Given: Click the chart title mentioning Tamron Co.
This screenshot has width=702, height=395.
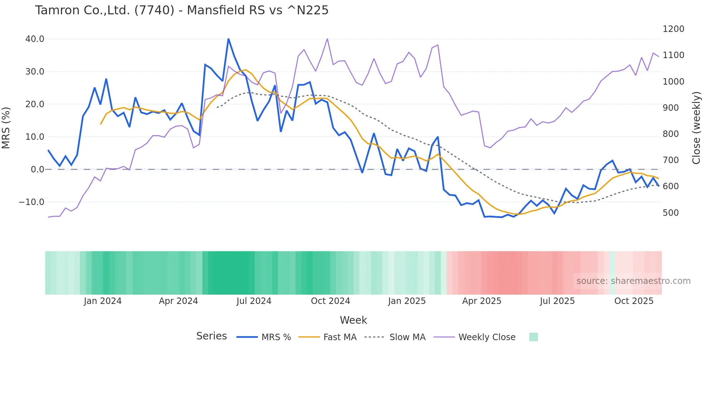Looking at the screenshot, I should click(x=182, y=10).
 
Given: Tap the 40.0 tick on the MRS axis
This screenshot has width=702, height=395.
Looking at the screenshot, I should click(x=35, y=39).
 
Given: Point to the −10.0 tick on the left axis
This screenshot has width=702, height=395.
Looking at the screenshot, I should click(x=32, y=202).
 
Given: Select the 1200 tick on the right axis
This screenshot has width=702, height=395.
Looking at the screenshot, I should click(x=673, y=29).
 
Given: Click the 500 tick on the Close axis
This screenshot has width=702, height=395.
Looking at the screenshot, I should click(x=670, y=213).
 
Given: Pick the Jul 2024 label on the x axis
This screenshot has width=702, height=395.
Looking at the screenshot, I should click(x=254, y=301).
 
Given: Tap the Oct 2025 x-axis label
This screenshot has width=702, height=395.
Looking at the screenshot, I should click(x=634, y=301).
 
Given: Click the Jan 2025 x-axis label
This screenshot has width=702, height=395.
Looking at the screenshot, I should click(x=407, y=301).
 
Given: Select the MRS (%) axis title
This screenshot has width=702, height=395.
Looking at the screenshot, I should click(x=6, y=128).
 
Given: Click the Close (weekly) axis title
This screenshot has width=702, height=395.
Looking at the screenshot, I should click(x=696, y=128).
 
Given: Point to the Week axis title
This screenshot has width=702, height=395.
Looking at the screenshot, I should click(x=353, y=320).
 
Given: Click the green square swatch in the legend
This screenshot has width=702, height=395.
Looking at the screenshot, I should click(x=533, y=337).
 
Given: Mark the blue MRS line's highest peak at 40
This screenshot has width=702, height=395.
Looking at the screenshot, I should click(x=229, y=39).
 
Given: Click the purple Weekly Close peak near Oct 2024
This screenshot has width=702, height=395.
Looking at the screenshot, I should click(x=327, y=39).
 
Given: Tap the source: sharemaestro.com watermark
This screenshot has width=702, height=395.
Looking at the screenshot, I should click(x=633, y=281).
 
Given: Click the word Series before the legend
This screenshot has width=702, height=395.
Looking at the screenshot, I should click(x=211, y=336).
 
